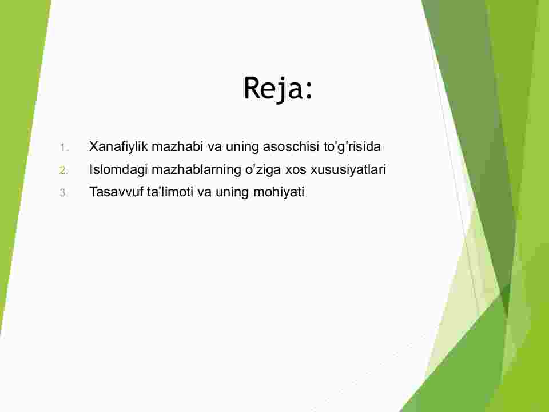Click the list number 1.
click(63, 148)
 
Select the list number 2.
click(63, 171)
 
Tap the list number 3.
click(63, 193)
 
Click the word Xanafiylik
click(118, 147)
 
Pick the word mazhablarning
click(196, 169)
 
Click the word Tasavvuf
click(116, 192)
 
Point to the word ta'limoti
click(170, 192)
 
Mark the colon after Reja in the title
click(308, 91)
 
